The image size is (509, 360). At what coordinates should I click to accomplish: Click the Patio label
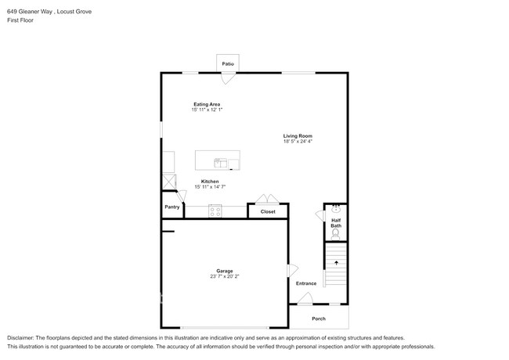(228, 64)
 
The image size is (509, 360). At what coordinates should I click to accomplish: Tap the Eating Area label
(207, 104)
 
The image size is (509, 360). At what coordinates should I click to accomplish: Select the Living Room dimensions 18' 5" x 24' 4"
(298, 142)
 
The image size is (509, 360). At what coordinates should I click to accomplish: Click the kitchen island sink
(220, 163)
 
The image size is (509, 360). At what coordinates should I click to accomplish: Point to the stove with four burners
(215, 211)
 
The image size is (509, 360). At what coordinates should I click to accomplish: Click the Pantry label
(172, 207)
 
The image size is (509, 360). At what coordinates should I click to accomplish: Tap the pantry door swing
(181, 196)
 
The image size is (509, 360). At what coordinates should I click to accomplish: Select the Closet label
(268, 211)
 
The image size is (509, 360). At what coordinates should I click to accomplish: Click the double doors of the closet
(267, 199)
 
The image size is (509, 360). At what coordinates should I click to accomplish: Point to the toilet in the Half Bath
(335, 234)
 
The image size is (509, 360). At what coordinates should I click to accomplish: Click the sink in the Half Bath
(336, 209)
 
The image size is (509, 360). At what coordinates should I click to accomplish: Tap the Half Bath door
(320, 216)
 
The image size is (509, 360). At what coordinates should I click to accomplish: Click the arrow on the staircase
(336, 263)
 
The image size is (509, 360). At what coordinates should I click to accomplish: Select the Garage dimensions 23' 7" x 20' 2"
(224, 276)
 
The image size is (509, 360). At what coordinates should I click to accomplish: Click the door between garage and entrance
(293, 271)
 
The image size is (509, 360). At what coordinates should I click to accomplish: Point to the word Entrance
(306, 283)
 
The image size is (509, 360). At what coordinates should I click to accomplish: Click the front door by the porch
(305, 299)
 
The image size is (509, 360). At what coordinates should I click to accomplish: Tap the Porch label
(319, 319)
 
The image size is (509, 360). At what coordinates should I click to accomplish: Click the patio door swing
(228, 78)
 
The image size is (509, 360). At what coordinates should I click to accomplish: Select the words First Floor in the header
(20, 20)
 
